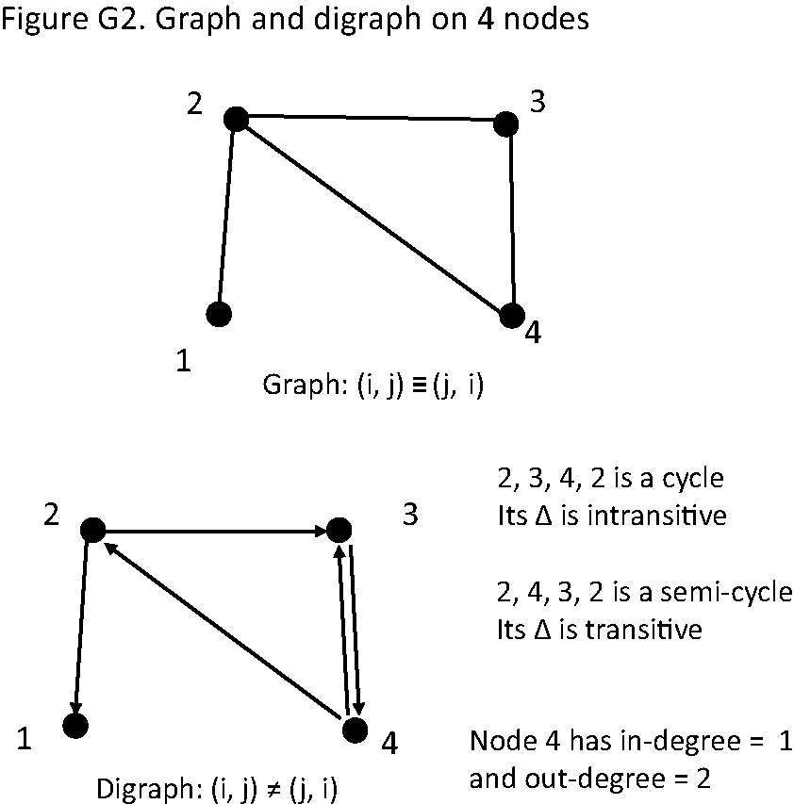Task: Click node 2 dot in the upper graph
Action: point(236,119)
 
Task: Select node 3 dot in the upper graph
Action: point(506,123)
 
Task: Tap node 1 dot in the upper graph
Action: point(219,313)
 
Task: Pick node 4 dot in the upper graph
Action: point(511,316)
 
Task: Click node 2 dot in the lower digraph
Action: point(92,530)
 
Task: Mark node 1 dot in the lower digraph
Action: point(74,725)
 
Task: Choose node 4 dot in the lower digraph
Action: point(354,730)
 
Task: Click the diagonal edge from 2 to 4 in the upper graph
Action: point(373,218)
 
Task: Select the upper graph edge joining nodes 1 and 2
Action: point(227,216)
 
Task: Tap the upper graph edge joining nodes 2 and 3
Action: point(371,119)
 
